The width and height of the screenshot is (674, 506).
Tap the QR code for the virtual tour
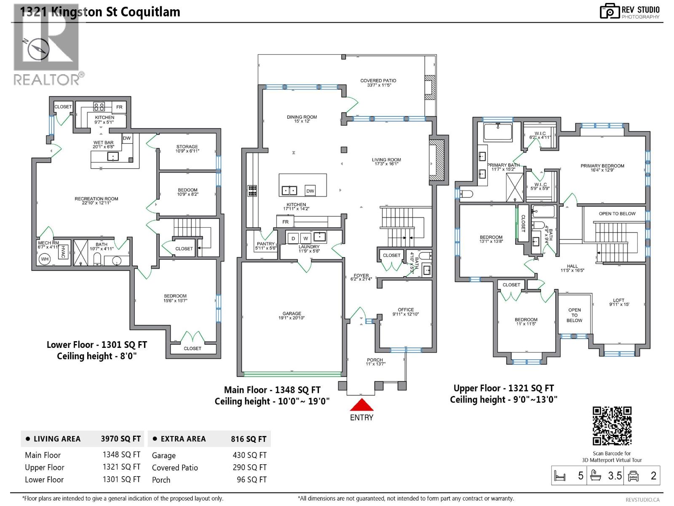pos(612,426)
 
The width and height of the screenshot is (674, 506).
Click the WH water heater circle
pos(45,259)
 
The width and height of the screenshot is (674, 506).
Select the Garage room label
pos(292,315)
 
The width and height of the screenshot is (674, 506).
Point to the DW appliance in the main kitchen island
pos(310,191)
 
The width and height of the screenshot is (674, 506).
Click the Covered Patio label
pos(378,83)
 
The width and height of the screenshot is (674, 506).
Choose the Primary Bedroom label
pos(602,168)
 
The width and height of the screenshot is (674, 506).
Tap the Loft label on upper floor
pos(618,302)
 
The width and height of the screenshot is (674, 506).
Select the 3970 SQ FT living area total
pos(120,439)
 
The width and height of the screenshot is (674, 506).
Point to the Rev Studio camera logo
pos(610,11)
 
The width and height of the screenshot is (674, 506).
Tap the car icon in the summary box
pos(633,476)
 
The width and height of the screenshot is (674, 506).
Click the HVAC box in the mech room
pos(64,252)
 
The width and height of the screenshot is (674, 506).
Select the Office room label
pos(406,312)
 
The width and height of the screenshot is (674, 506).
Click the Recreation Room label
pos(96,201)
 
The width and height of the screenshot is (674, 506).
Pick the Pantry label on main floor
pos(265,246)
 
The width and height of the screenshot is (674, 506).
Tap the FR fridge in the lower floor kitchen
pos(119,107)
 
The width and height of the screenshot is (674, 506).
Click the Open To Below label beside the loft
pos(574,315)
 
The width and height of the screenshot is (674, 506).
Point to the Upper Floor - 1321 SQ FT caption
pos(503,388)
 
